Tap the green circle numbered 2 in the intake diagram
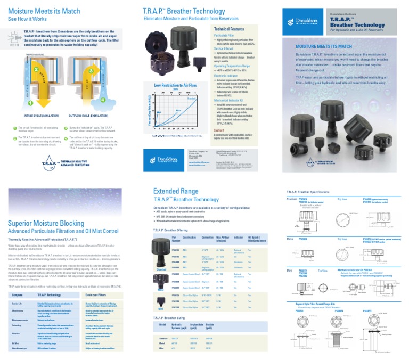(x=36, y=69)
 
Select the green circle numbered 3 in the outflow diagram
(x=91, y=71)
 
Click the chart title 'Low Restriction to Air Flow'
(x=176, y=85)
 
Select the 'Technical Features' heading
(x=229, y=29)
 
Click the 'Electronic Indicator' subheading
(x=227, y=76)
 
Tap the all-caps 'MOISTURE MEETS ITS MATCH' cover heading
(x=324, y=47)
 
